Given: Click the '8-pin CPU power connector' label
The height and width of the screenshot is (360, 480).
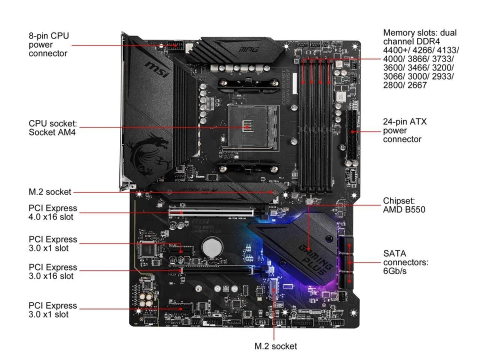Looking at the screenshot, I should [x=48, y=44].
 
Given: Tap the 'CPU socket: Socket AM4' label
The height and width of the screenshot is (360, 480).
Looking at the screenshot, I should [x=52, y=127].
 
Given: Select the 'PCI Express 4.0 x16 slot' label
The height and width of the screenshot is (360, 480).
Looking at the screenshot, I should [x=53, y=212].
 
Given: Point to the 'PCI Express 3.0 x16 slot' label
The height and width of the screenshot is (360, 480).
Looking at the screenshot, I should [x=53, y=271].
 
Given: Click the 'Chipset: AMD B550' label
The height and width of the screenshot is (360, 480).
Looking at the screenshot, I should [x=404, y=205].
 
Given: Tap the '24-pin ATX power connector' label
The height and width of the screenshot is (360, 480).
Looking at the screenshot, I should [x=405, y=130].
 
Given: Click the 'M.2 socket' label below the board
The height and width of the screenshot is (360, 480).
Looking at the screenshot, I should [x=275, y=346].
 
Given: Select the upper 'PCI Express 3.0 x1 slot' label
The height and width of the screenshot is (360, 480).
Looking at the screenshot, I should [x=53, y=243].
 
